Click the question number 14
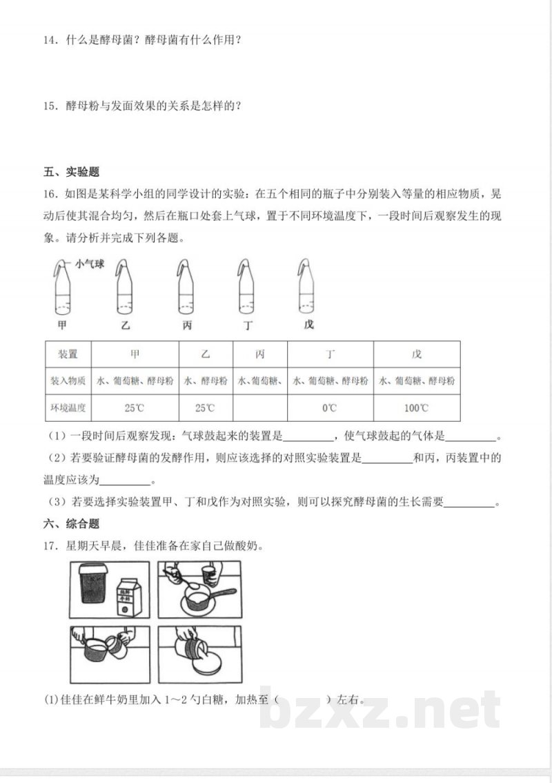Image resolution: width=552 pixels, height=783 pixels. [49, 41]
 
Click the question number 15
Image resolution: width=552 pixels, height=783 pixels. [49, 106]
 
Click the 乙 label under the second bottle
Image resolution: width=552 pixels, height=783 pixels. [125, 325]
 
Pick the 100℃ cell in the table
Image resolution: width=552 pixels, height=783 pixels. [416, 408]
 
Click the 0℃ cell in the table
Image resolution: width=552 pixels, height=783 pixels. [330, 408]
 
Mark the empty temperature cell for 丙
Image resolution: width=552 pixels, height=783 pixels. [260, 408]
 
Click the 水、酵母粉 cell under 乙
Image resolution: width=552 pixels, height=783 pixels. [205, 380]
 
